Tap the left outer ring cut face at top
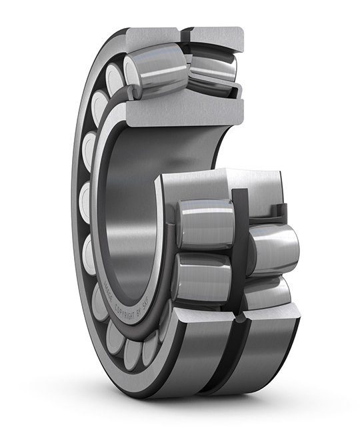153,36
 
